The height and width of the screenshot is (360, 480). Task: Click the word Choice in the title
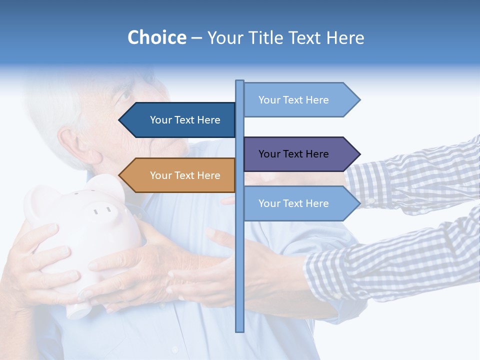[156, 37]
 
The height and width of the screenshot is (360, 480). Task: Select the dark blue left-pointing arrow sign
[177, 120]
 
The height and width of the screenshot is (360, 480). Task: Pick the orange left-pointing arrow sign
[177, 175]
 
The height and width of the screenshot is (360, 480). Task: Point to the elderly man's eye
[125, 94]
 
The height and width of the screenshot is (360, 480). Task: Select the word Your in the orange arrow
[160, 175]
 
